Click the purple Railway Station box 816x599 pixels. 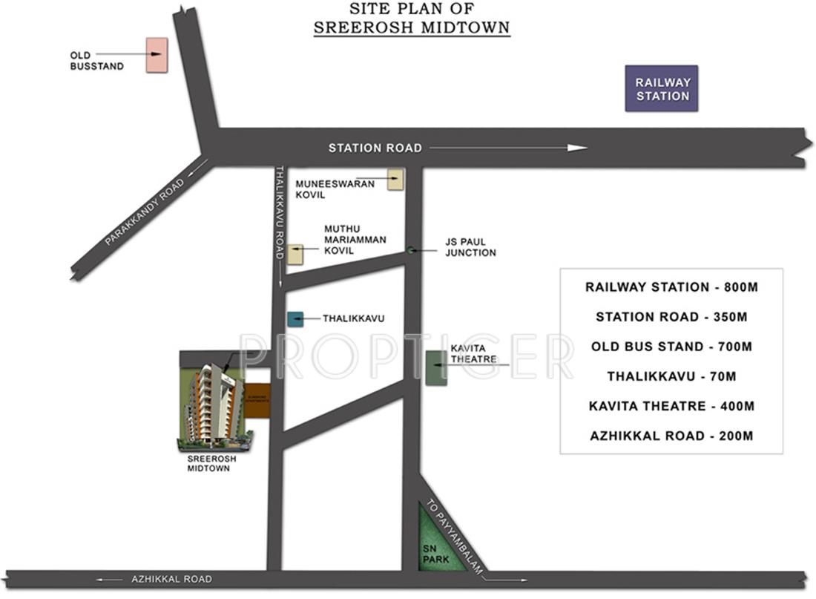pos(662,89)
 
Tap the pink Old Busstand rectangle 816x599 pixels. pos(156,55)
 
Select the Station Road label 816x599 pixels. pos(375,148)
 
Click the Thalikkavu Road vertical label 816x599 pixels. pos(280,212)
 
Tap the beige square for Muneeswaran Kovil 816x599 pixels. pos(395,179)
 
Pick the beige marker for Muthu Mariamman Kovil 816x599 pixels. pos(295,254)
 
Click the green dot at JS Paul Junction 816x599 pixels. pos(409,250)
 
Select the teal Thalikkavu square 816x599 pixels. pos(295,319)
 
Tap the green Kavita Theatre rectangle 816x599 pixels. pos(436,367)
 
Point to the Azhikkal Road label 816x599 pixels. pos(171,579)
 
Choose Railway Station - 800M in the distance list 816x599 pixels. pos(671,287)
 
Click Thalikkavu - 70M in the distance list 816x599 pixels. pos(671,376)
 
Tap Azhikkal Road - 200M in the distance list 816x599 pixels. pos(671,436)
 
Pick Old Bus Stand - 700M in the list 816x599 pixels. pos(671,347)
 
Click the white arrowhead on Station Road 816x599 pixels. pos(577,148)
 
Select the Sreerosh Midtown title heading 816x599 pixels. pos(412,27)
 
